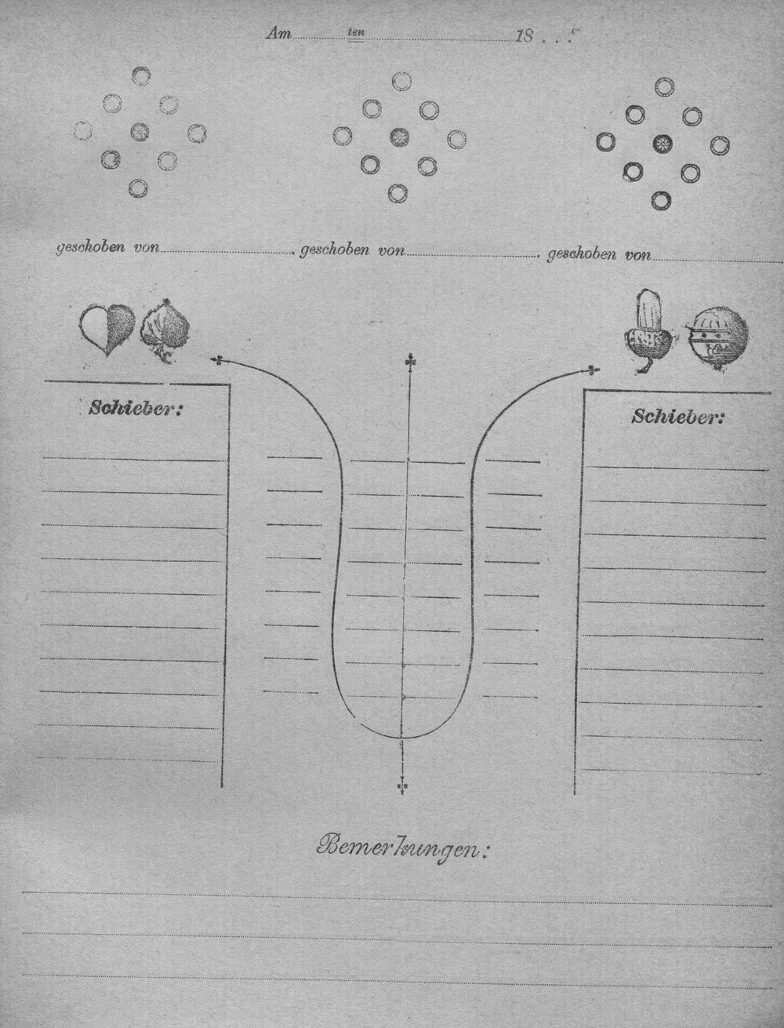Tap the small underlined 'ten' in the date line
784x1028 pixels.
pos(356,33)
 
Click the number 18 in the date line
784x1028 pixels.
pos(524,36)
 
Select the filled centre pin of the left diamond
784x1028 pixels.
pos(140,132)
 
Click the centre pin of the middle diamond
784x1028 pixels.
pos(400,137)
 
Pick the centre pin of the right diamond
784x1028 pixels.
pos(662,144)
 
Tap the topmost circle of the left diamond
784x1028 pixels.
pos(141,76)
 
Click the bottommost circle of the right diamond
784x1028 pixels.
pos(660,200)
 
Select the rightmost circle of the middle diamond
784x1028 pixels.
pos(456,139)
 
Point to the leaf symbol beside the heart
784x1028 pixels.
pos(165,330)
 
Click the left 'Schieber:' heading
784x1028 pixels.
pos(135,408)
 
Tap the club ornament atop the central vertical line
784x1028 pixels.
pos(411,362)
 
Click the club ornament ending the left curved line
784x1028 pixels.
pos(217,360)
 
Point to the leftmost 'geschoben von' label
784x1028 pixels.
pos(107,248)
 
